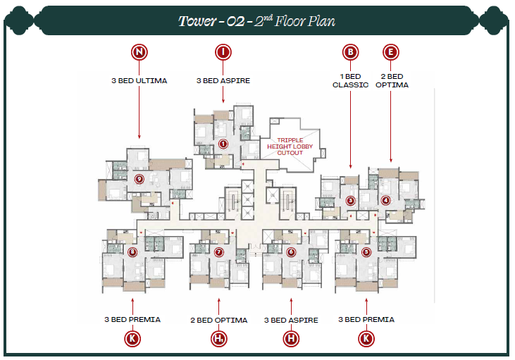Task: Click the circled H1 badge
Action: (218, 340)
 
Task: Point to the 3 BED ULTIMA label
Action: (139, 80)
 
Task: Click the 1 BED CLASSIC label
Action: (350, 80)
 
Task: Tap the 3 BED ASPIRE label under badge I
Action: (223, 80)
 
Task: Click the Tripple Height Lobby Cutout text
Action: (290, 146)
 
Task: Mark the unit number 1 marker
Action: (223, 144)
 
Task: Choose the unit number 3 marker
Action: (350, 201)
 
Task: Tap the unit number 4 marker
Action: (385, 201)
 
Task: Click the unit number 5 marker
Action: (366, 252)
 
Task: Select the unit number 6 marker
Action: (290, 252)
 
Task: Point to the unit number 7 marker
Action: (219, 252)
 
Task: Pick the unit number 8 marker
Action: (132, 252)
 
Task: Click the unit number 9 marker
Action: (139, 179)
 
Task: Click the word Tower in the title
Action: (197, 21)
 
